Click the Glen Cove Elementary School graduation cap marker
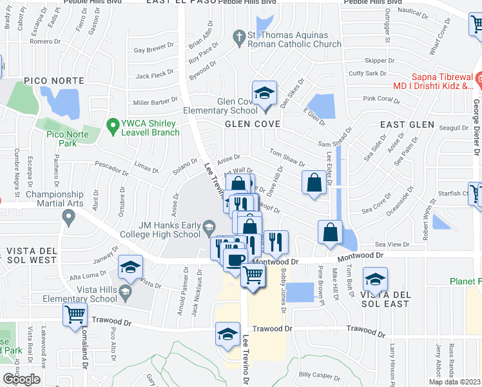pyautogui.click(x=264, y=94)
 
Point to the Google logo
pyautogui.click(x=21, y=379)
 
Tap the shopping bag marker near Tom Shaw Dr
pyautogui.click(x=314, y=182)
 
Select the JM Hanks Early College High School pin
pyautogui.click(x=209, y=227)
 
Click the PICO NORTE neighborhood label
pyautogui.click(x=53, y=81)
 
